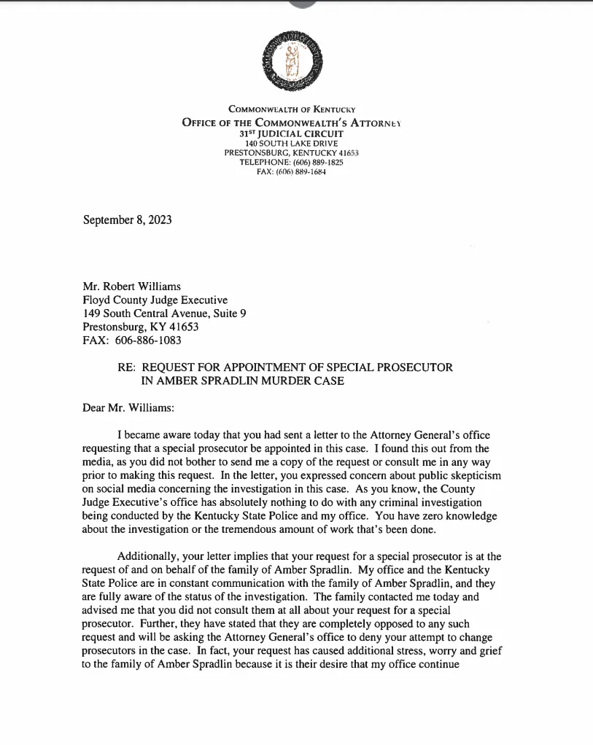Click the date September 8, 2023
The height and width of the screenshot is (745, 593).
(128, 219)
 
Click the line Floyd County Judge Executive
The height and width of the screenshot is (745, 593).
(155, 300)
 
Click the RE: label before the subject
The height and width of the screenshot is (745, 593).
(127, 367)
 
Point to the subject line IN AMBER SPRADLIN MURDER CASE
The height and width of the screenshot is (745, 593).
(242, 381)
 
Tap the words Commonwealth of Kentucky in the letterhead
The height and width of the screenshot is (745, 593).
(291, 109)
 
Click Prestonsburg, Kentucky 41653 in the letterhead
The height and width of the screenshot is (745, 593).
(291, 153)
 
